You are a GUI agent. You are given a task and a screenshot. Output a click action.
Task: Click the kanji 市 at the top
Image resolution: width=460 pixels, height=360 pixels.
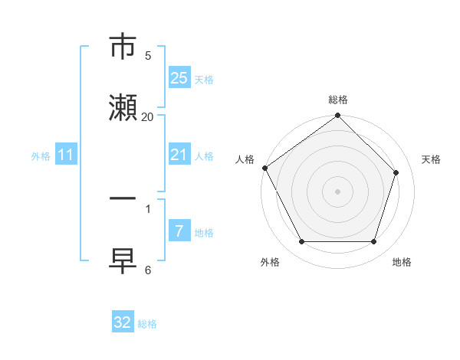(123, 47)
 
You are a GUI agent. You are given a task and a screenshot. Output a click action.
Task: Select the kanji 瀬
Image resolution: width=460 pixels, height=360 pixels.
(123, 108)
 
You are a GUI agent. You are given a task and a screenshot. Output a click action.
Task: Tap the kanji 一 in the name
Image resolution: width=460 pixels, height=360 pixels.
(123, 199)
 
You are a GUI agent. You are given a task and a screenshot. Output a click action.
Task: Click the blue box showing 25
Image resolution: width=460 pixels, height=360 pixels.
(179, 77)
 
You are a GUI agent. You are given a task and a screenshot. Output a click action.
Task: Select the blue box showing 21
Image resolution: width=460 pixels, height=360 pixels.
(179, 155)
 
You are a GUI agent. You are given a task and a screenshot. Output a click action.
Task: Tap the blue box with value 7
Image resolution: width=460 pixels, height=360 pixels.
(179, 231)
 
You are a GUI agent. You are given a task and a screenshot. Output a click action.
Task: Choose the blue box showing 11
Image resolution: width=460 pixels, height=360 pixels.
(65, 155)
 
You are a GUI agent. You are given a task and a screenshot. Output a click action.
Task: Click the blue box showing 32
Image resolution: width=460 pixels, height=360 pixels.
(123, 322)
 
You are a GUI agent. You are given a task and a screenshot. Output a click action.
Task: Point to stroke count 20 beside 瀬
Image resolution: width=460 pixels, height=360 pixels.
(148, 116)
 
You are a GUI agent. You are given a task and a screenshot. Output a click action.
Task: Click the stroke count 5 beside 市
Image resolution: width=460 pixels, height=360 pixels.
(148, 55)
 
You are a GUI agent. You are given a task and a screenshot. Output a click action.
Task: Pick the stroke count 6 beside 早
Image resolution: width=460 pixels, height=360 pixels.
(148, 270)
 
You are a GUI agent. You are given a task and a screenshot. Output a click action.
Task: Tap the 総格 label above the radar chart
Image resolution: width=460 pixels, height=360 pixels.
(338, 100)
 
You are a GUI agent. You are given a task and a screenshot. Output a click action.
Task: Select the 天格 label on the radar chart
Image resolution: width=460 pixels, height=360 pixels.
(431, 159)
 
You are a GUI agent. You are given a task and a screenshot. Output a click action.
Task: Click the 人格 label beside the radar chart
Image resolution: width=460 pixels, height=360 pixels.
(245, 159)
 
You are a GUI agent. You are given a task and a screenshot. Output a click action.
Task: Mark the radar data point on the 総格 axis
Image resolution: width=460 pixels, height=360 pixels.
(338, 116)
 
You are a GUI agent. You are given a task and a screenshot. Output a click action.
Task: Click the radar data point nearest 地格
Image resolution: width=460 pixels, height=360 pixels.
(374, 241)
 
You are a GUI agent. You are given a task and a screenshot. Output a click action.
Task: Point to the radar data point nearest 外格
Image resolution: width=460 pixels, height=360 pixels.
(301, 241)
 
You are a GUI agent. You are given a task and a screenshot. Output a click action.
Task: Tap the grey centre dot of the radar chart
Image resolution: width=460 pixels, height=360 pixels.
(338, 191)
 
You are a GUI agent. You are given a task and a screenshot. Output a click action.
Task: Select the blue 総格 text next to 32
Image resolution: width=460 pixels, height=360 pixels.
(147, 324)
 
